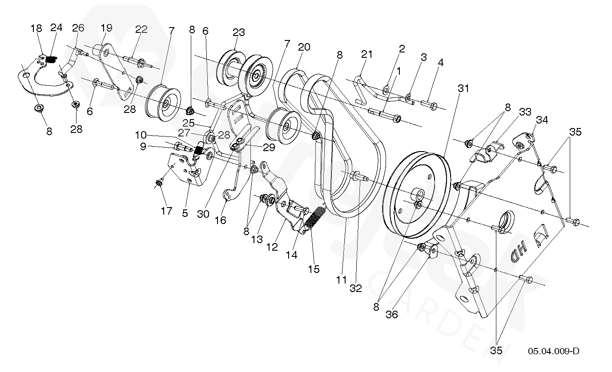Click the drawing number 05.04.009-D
pos(553,351)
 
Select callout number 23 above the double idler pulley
pos(238,33)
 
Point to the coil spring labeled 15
pos(315,218)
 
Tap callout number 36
pos(392,314)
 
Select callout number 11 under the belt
pos(341,280)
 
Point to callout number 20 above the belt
pos(304,47)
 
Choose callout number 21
pos(366,54)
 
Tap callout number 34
pos(541,120)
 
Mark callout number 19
pos(106,28)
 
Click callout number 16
pos(220,220)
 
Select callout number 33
pos(525,112)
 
